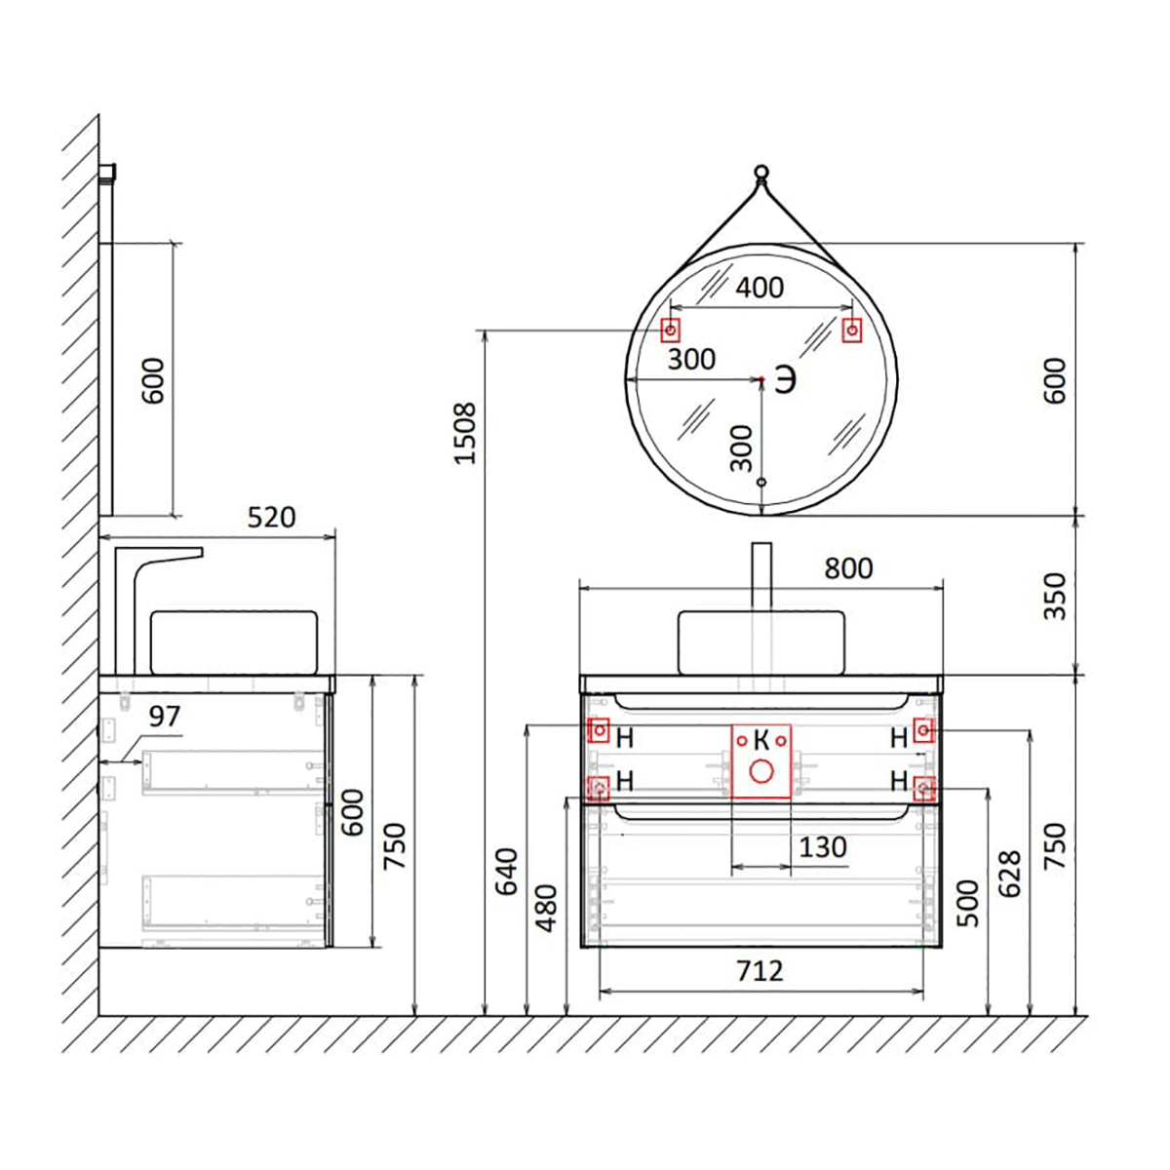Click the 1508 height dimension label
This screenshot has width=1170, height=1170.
[x=465, y=433]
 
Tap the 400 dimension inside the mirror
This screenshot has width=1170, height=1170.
[x=760, y=288]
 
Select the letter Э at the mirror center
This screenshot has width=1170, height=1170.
[x=786, y=380]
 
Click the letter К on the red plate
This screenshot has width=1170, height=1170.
[x=761, y=740]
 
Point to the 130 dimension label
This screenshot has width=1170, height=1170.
[x=822, y=847]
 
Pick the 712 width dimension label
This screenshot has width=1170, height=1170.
[x=760, y=971]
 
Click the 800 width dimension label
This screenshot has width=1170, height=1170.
[x=848, y=568]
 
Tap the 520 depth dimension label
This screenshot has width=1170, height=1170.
[x=271, y=518]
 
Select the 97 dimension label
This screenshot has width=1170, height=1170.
[x=165, y=717]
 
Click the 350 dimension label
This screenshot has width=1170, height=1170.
[x=1055, y=596]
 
